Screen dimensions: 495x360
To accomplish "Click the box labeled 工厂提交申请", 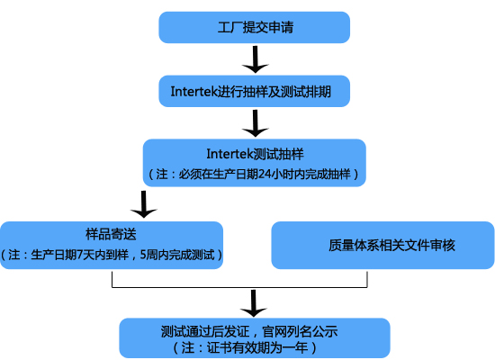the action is pyautogui.click(x=254, y=28).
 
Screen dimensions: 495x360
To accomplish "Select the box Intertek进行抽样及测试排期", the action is pyautogui.click(x=254, y=91).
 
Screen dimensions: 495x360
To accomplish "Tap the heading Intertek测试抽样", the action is pyautogui.click(x=255, y=154).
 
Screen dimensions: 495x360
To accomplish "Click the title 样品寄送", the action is pyautogui.click(x=111, y=234).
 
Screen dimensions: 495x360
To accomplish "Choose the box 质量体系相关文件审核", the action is pyautogui.click(x=382, y=245).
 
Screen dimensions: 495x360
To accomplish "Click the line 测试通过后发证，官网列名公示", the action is pyautogui.click(x=249, y=331).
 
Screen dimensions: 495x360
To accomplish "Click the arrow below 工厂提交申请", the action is pyautogui.click(x=255, y=59).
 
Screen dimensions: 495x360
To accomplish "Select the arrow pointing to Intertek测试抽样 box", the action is pyautogui.click(x=255, y=123).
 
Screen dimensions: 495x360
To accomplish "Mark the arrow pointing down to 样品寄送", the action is pyautogui.click(x=144, y=204).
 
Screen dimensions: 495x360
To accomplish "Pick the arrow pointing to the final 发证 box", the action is pyautogui.click(x=254, y=303).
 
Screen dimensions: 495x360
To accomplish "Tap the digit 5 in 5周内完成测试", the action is pyautogui.click(x=143, y=256).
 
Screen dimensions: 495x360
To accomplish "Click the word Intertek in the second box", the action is pyautogui.click(x=194, y=92).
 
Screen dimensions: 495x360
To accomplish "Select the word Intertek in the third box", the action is pyautogui.click(x=230, y=154).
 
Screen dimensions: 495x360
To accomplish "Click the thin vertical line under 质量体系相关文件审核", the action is pyautogui.click(x=367, y=279).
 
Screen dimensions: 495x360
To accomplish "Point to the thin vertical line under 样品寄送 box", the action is pyautogui.click(x=112, y=279).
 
